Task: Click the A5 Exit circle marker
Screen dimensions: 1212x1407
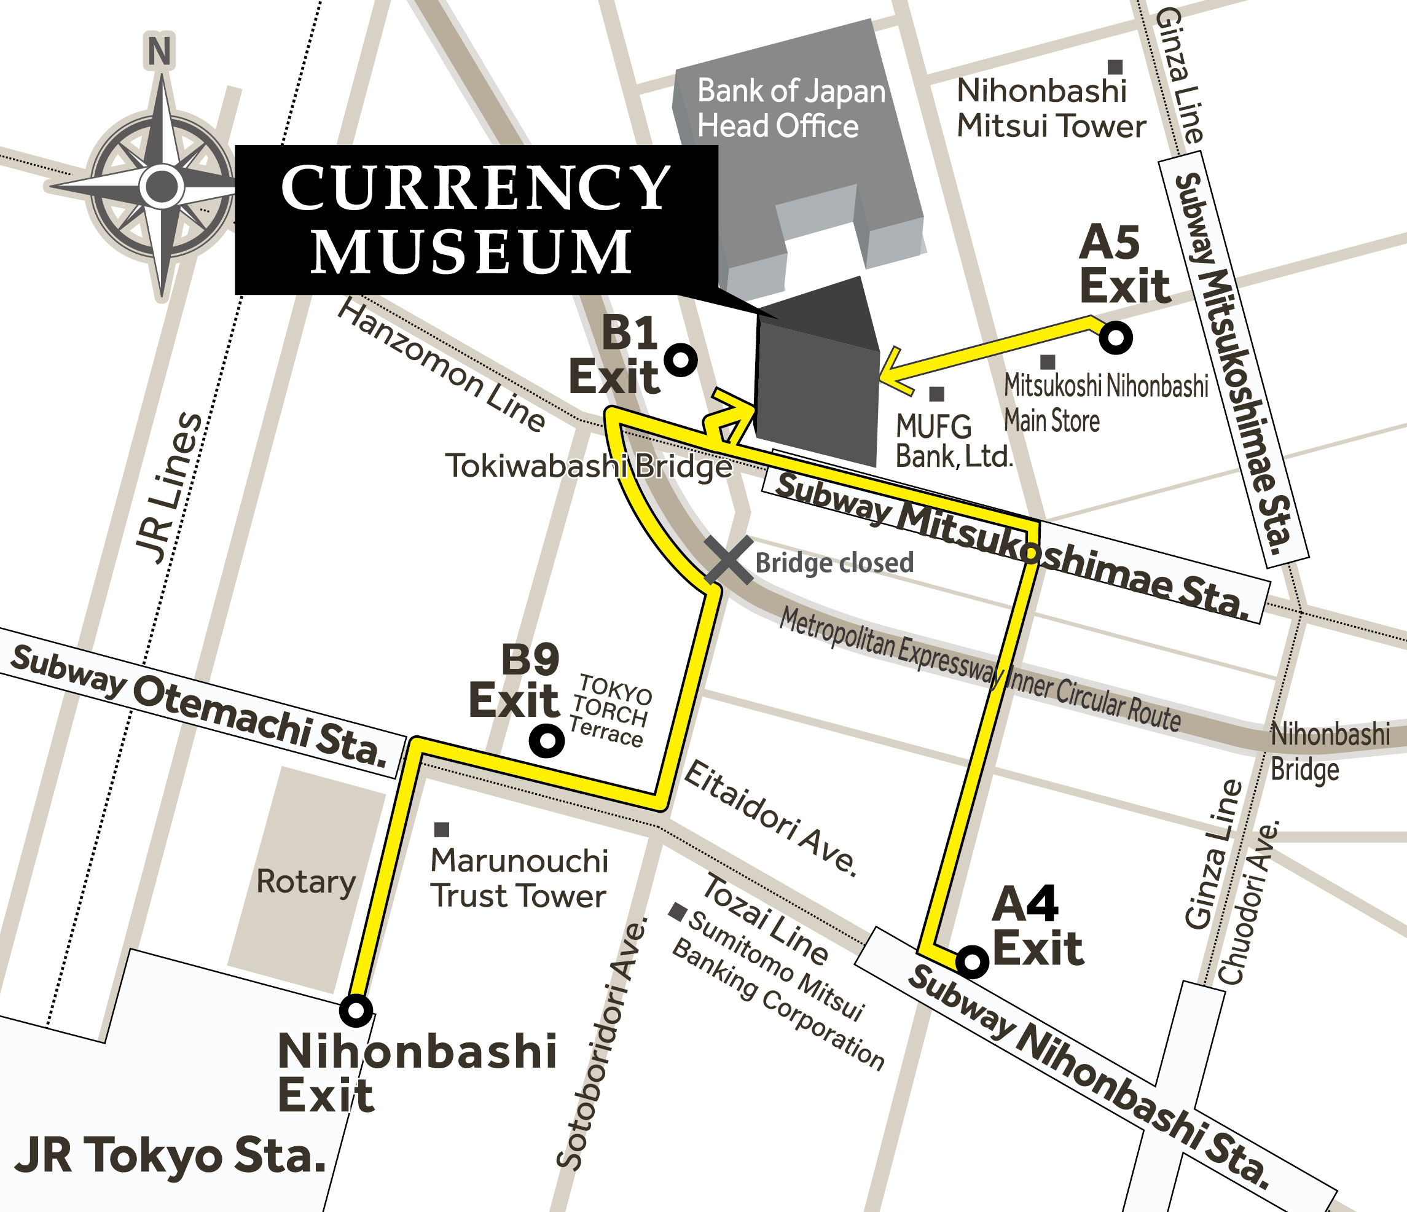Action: (1115, 337)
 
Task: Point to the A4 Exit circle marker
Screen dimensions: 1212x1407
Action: (972, 961)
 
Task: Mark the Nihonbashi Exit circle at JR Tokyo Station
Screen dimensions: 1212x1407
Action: (356, 1011)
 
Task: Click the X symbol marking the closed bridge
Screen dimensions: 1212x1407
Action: (729, 560)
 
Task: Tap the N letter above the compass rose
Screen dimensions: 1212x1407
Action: (160, 52)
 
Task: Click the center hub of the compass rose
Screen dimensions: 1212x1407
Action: (162, 186)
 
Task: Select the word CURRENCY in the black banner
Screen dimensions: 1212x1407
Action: (476, 187)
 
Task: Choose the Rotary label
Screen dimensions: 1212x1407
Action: (305, 882)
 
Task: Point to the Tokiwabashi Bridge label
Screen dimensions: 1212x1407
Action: (589, 466)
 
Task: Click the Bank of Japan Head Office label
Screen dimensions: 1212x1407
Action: (791, 109)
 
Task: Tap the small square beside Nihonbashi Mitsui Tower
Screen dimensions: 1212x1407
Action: (1115, 66)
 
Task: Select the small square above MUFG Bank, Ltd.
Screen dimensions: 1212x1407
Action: (936, 394)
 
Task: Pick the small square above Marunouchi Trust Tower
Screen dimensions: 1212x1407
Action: (441, 829)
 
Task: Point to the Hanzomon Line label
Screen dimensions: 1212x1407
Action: (442, 367)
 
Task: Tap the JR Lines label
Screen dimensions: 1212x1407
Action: (168, 489)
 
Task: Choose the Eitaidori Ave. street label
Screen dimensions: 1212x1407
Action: (770, 818)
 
